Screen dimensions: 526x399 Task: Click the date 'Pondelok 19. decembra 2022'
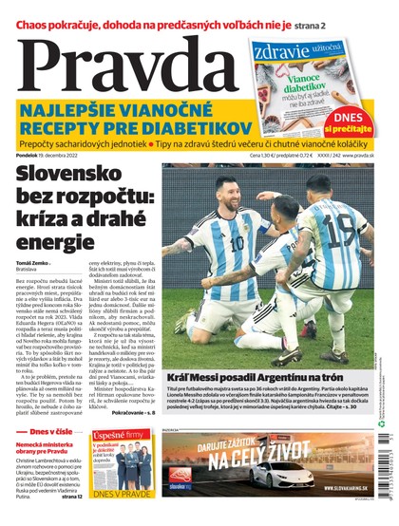click(58, 155)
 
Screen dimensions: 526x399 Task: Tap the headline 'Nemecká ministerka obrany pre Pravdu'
click(46, 449)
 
